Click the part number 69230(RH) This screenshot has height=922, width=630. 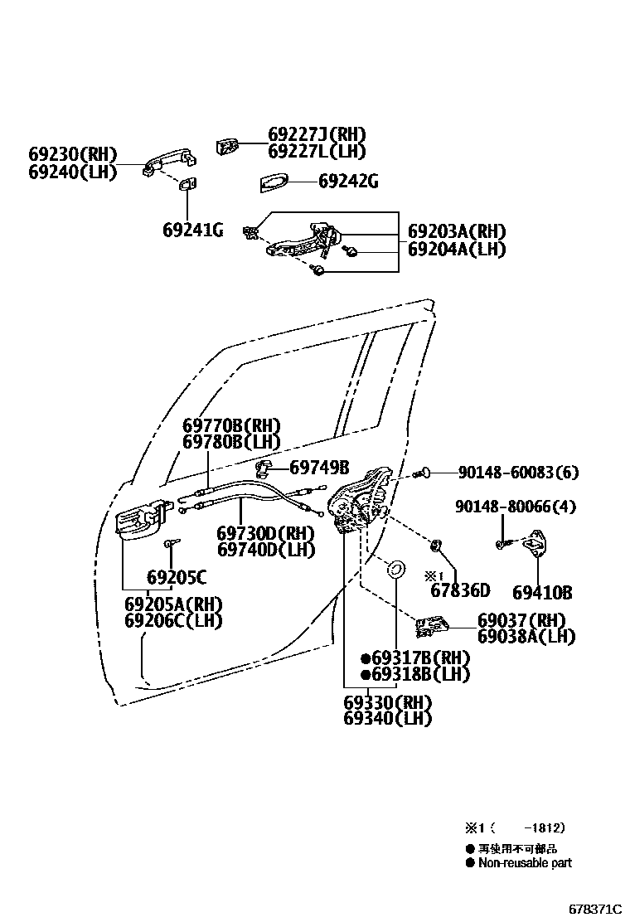coord(73,154)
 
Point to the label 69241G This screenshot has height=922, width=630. coord(192,230)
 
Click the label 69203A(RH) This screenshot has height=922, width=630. coord(456,231)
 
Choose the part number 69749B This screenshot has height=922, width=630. coord(319,468)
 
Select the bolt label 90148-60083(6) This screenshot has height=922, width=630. coord(518,473)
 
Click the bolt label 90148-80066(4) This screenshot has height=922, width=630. coord(515,507)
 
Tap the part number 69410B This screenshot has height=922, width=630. coord(542,592)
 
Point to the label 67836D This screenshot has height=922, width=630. coord(460,591)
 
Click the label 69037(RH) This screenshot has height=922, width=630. coord(521,620)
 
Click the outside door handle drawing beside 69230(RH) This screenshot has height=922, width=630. coord(167,161)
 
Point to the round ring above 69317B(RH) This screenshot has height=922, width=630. coord(396,569)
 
